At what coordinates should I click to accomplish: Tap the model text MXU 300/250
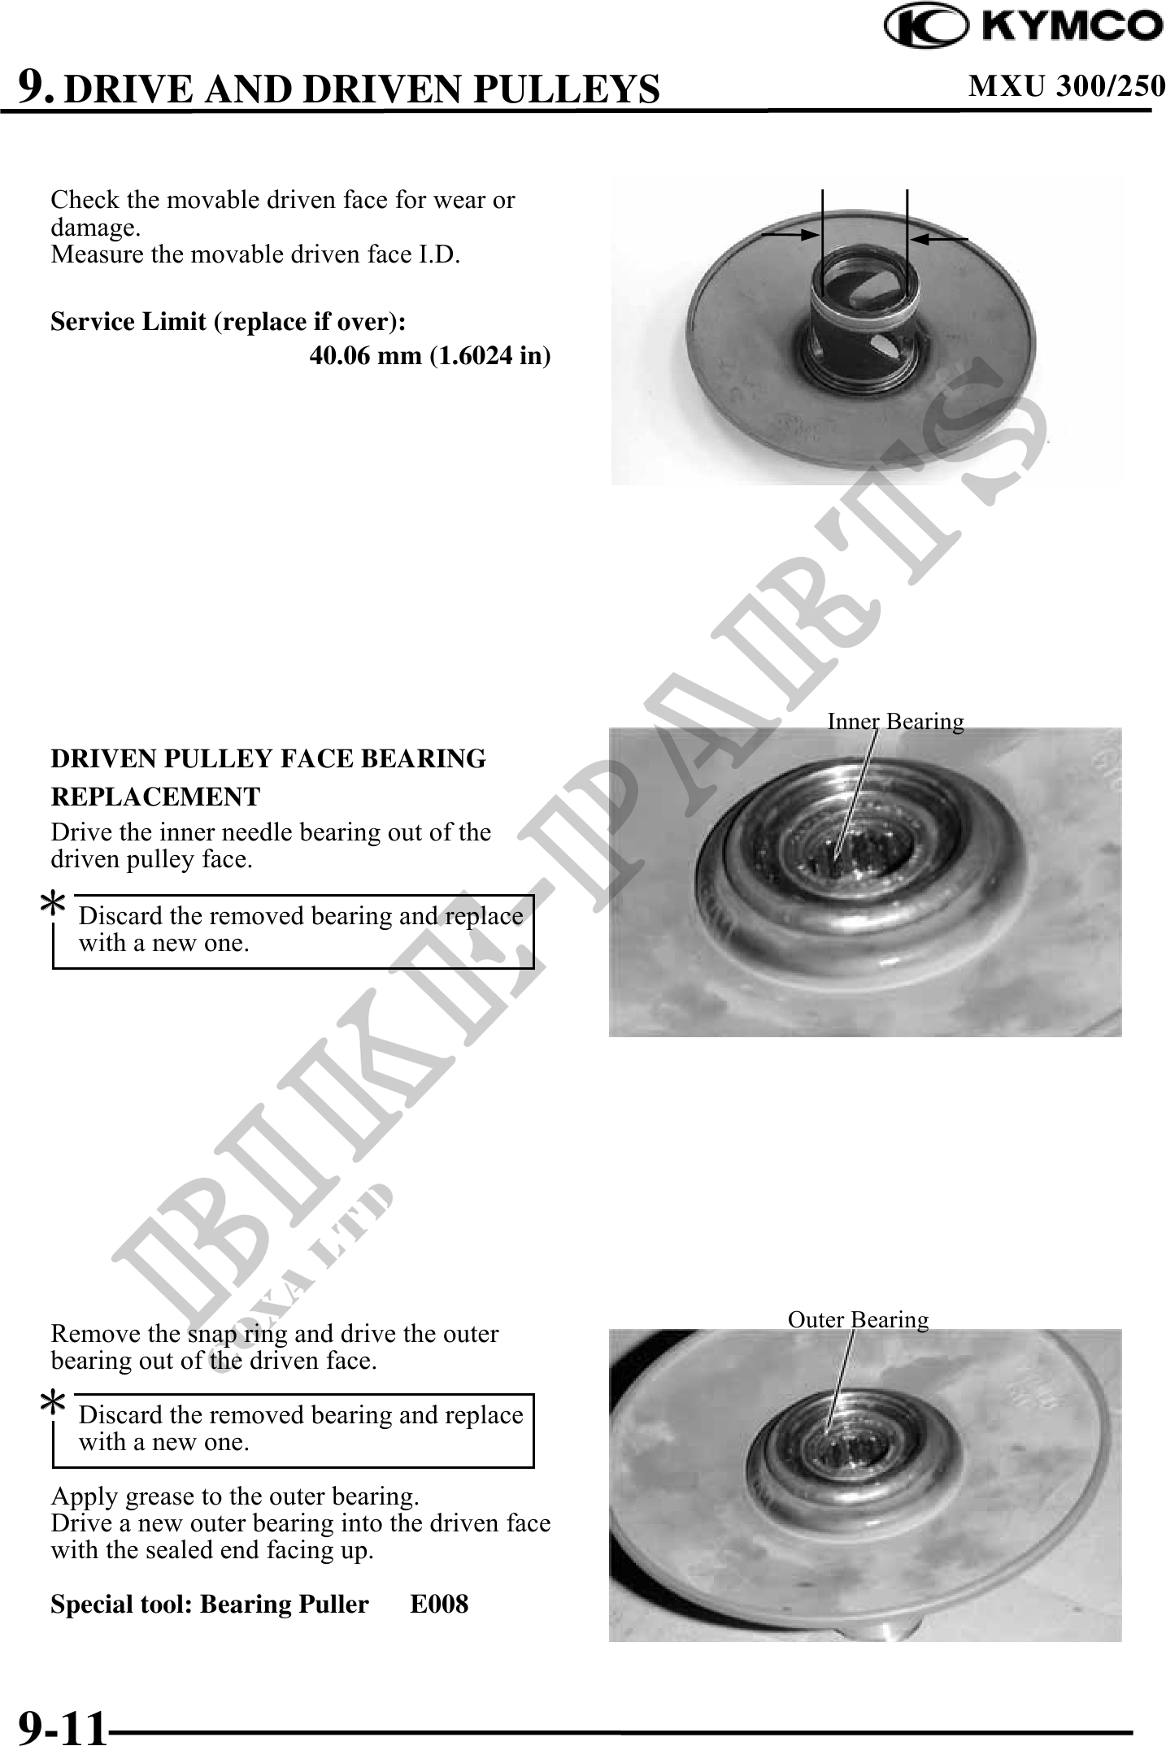coord(1066,85)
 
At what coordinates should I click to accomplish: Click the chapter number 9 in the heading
coord(37,85)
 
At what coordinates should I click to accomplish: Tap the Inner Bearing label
coord(895,721)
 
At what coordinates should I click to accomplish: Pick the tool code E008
coord(439,1603)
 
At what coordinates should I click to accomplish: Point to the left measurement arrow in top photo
coord(790,234)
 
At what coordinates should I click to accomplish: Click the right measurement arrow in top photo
coord(939,237)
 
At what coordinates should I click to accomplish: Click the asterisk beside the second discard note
coord(53,1404)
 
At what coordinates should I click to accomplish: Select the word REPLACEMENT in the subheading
coord(155,797)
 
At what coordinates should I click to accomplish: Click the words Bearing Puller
coord(284,1604)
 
